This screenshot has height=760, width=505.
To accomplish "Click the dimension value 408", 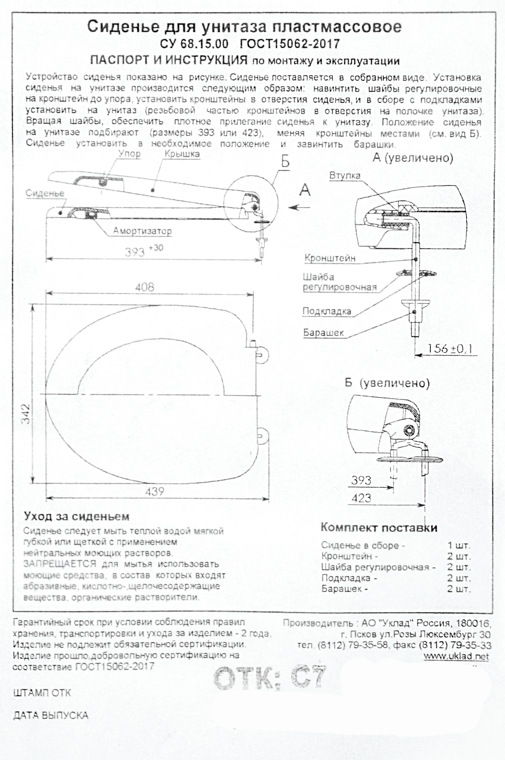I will click(145, 287).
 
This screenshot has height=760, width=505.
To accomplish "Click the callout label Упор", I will click(129, 154).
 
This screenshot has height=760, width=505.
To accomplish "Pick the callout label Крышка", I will click(182, 154).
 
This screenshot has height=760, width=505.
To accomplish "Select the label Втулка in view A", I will click(345, 176).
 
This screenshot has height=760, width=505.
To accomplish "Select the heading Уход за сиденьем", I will click(76, 517).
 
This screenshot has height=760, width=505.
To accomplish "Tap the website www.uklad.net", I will click(456, 647).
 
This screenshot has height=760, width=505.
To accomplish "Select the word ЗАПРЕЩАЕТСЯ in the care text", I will click(59, 564).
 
